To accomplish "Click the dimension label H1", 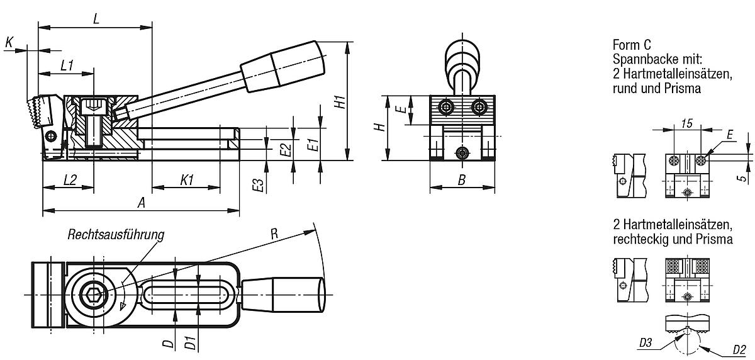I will coord(339,101).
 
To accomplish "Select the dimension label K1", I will coord(186,180).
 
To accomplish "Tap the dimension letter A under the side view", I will coord(142,203).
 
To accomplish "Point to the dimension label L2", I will coord(70,180).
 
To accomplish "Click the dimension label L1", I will coord(67,65).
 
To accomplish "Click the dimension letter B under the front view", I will coord(461,181).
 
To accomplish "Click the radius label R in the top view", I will coord(274,232).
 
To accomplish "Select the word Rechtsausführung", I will coord(116,235).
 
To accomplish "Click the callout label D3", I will coord(644,343).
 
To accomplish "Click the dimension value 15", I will coord(686,125).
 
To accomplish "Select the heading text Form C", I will coord(632,45).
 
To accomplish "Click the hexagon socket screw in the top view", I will coord(93,295).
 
